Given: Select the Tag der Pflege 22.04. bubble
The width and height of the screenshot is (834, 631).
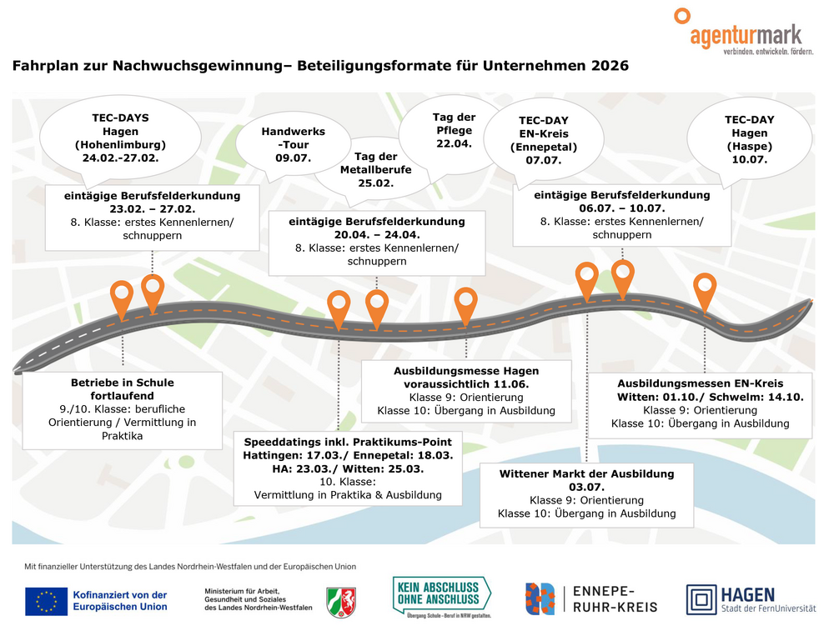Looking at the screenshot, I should (x=454, y=130).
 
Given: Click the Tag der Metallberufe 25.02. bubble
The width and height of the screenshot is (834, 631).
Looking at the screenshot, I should (x=376, y=169).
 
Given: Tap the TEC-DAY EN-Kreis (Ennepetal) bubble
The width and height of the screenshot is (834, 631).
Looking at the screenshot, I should (x=543, y=140).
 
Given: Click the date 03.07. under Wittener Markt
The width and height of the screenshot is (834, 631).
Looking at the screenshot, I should (x=586, y=487).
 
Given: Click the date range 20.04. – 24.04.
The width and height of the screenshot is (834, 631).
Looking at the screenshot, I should (x=376, y=235).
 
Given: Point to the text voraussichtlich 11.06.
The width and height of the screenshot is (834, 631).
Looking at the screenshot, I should (x=466, y=384).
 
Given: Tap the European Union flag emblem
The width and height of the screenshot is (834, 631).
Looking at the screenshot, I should (x=46, y=601).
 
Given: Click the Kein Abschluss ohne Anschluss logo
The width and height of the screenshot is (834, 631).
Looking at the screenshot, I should (x=441, y=597).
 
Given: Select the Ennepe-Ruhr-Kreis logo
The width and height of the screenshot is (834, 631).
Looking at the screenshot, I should (x=590, y=598).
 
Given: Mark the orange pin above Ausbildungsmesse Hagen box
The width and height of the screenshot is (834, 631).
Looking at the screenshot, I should (x=466, y=303).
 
